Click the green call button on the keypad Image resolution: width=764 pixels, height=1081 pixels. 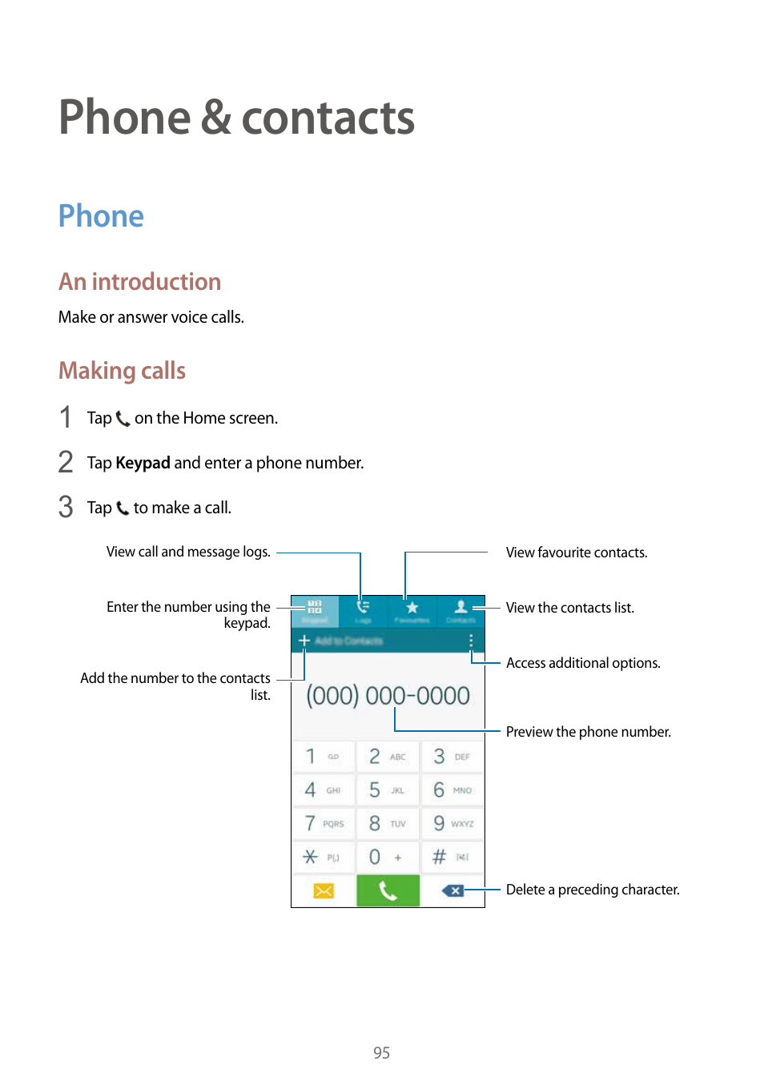tap(388, 890)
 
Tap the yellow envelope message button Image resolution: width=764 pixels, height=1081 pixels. tap(324, 890)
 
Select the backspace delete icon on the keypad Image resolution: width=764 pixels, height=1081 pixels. tap(452, 890)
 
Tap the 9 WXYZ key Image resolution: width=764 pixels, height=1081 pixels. tap(452, 823)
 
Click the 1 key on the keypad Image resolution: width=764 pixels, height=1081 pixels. tap(323, 756)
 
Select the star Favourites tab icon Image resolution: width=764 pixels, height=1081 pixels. tap(412, 608)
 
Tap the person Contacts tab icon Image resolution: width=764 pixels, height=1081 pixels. tap(460, 608)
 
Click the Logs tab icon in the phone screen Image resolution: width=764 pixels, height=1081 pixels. tap(363, 608)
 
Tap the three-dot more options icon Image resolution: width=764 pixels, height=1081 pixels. tap(471, 641)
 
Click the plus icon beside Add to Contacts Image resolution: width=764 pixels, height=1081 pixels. tap(304, 641)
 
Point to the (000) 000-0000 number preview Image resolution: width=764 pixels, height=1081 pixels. tap(388, 695)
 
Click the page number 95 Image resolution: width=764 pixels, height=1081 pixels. tap(381, 1053)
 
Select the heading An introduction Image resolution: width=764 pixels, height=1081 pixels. tap(139, 282)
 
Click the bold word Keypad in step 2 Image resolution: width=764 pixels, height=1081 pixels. tap(143, 463)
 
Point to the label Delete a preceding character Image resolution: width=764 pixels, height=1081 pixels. tap(593, 890)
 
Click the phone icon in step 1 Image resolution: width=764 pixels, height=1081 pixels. tap(123, 418)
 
